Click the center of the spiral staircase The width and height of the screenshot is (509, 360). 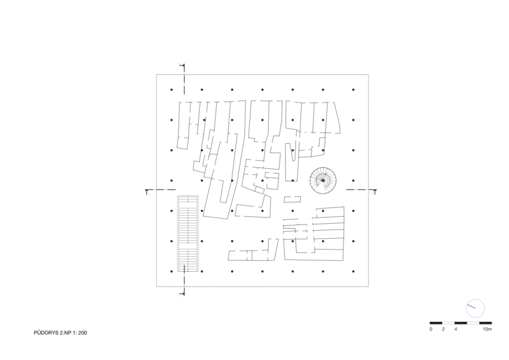pos(323,181)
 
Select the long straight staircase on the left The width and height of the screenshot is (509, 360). pos(188,234)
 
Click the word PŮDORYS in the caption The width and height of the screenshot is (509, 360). pos(46,333)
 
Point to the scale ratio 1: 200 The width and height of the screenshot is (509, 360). pos(80,333)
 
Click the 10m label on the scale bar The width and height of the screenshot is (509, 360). pos(487,329)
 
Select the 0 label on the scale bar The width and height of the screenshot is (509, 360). pos(431,329)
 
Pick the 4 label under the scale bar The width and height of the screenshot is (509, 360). pos(455,329)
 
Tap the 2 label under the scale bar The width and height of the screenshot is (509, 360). pos(443,329)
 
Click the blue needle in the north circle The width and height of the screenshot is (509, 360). pos(471,306)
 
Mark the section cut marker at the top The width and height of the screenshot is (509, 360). pos(182,66)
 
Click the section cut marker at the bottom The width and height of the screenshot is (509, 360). pos(182,293)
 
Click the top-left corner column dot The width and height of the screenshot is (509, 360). pos(171,89)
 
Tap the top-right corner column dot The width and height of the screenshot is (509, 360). pos(353,89)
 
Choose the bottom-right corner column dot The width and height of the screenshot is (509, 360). pos(353,271)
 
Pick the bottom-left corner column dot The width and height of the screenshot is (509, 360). pos(171,271)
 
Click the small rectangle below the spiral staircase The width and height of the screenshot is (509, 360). pos(292,199)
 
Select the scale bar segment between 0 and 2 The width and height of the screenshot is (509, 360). pos(436,323)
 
